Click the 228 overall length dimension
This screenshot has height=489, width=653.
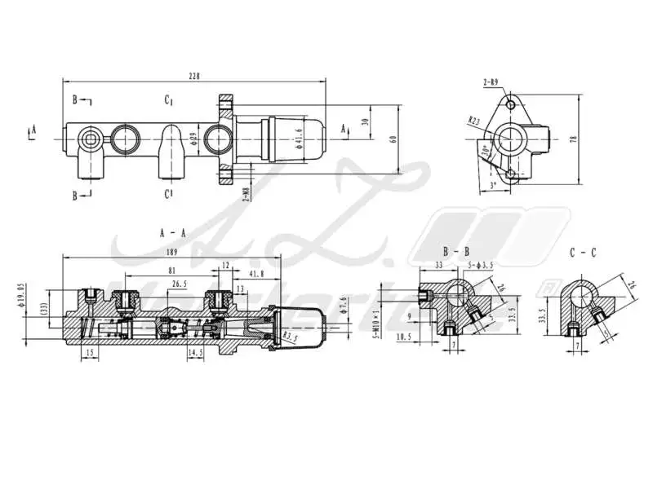[193, 76]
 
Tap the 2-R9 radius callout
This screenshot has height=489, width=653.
[490, 82]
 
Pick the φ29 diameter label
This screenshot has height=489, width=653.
[193, 139]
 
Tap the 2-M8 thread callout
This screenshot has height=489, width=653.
[245, 192]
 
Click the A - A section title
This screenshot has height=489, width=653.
[173, 232]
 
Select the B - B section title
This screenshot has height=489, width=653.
[455, 252]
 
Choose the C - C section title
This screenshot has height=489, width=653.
[583, 252]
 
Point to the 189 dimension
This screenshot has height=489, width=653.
[172, 253]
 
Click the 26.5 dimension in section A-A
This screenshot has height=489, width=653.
[180, 284]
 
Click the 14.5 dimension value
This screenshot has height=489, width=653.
[195, 353]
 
